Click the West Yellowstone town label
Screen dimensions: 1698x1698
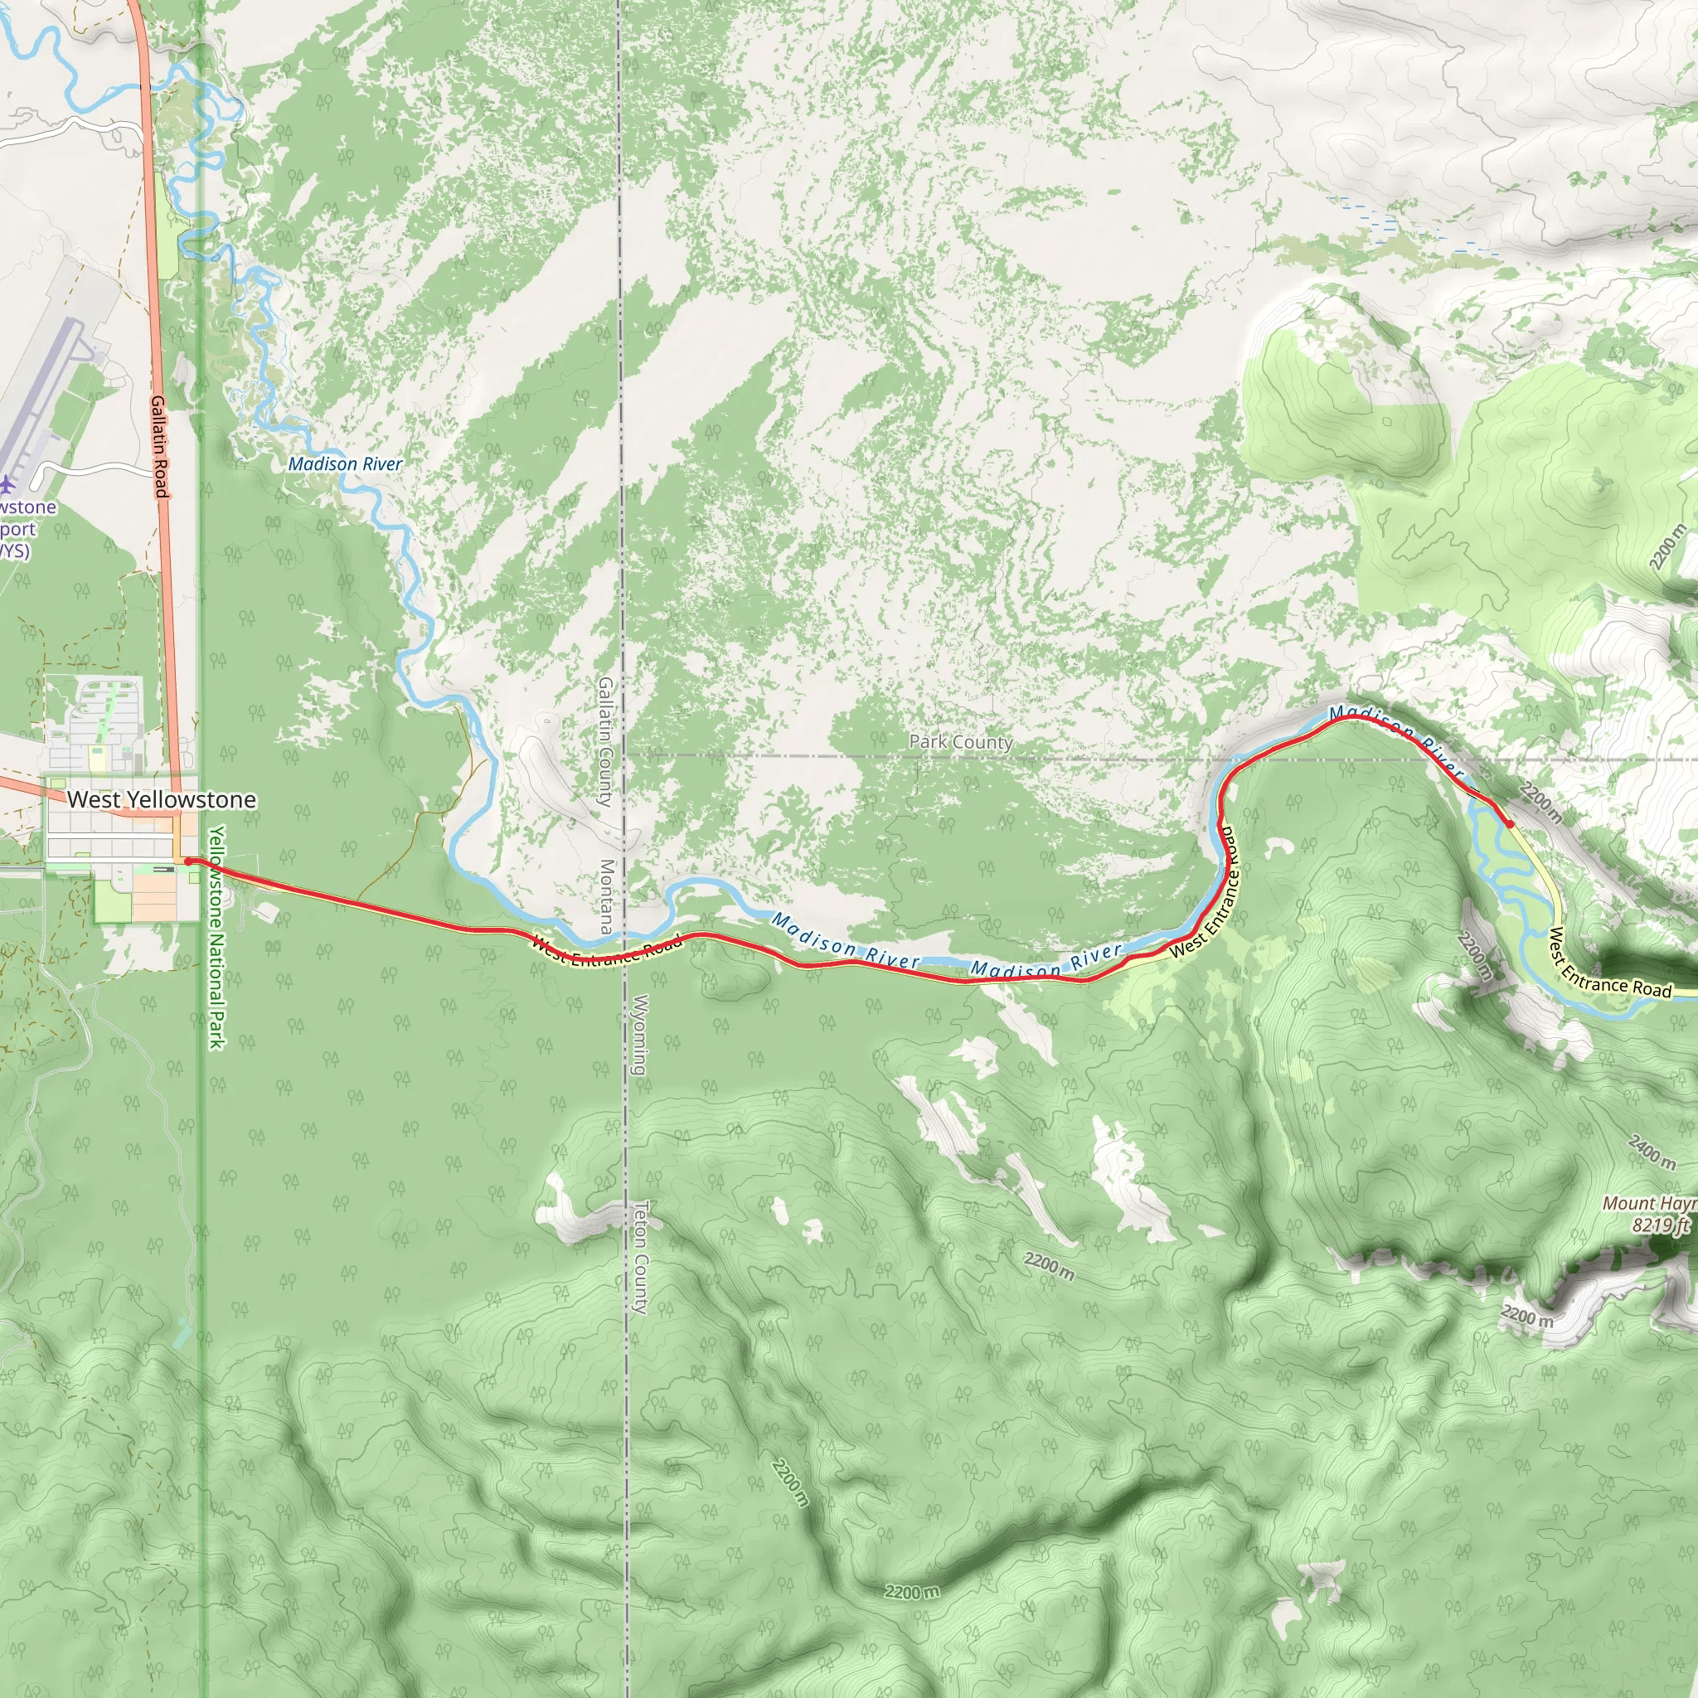[x=162, y=800]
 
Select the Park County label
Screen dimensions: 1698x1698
[x=961, y=742]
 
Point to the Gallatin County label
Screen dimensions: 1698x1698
[x=605, y=741]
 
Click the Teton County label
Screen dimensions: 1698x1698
[x=641, y=1257]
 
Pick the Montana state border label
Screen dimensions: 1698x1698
[x=606, y=896]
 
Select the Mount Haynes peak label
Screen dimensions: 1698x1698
[x=1649, y=1203]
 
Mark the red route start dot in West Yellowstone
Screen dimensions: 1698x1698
[x=189, y=861]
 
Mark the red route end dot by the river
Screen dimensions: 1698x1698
[x=1509, y=824]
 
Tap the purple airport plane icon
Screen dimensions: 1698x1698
[x=7, y=483]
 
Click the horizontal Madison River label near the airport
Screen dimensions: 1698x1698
[x=346, y=463]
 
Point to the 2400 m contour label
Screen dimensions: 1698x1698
[x=1652, y=1152]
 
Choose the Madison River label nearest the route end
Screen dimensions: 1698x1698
[x=1397, y=737]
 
